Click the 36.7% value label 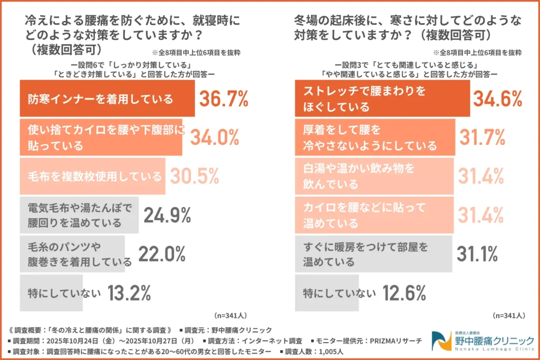224,99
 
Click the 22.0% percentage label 161,254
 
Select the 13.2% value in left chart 129,291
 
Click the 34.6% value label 497,99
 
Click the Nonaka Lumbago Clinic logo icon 440,341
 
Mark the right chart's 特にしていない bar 327,291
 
